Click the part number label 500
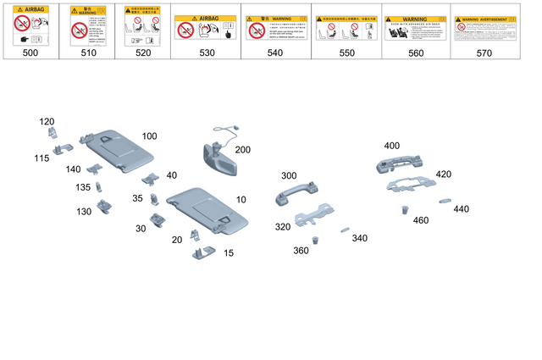[30, 53]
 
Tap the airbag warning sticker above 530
[205, 29]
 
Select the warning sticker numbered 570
[484, 29]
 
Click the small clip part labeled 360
[315, 239]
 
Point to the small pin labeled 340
[344, 229]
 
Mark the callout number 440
[461, 209]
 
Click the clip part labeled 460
[405, 208]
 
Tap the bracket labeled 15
[202, 252]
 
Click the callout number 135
[83, 187]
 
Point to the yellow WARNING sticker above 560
[415, 29]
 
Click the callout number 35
[138, 199]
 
